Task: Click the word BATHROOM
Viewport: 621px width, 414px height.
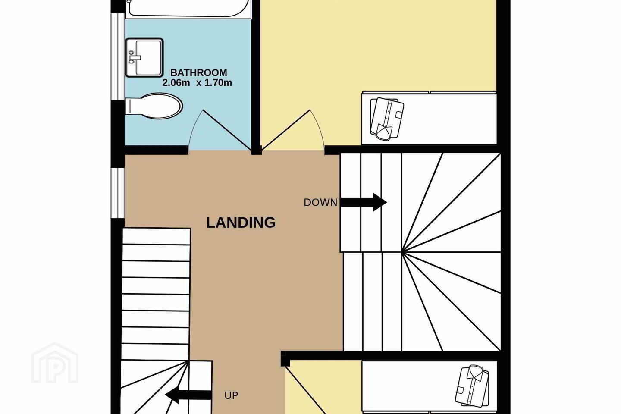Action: [x=198, y=72]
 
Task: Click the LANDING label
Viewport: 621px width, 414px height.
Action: [x=241, y=223]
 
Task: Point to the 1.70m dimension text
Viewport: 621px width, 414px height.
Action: [x=218, y=83]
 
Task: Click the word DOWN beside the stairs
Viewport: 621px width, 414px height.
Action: [x=320, y=202]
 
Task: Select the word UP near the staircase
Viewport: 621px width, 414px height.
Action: [x=231, y=395]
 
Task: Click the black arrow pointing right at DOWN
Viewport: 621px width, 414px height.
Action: [x=364, y=202]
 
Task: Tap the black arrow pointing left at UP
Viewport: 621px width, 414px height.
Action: [x=188, y=395]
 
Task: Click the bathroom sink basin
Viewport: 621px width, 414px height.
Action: [x=144, y=58]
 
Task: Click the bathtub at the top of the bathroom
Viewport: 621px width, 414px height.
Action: [x=188, y=9]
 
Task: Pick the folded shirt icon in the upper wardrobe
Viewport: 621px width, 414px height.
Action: [x=387, y=118]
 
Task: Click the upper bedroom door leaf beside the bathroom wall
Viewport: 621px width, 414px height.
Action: [x=285, y=130]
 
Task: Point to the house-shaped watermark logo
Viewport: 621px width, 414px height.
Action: [x=55, y=363]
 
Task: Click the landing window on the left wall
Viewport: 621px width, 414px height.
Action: [x=118, y=193]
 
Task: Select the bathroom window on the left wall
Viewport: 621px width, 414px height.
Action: [x=118, y=57]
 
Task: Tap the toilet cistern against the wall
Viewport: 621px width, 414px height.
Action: [x=132, y=106]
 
